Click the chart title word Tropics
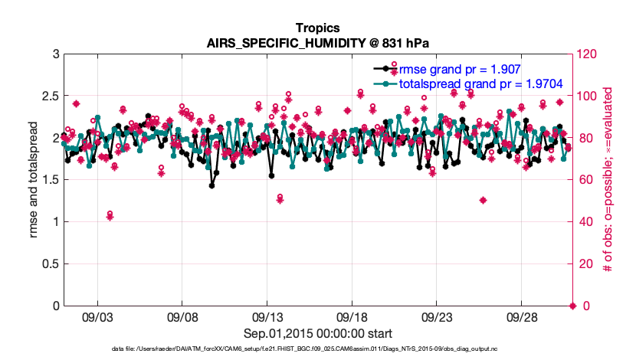(x=317, y=28)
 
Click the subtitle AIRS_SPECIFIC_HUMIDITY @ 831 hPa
(x=317, y=43)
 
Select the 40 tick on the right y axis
(x=585, y=222)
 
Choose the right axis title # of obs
(x=607, y=180)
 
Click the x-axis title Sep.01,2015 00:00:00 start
(x=317, y=333)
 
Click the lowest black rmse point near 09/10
(x=211, y=185)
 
